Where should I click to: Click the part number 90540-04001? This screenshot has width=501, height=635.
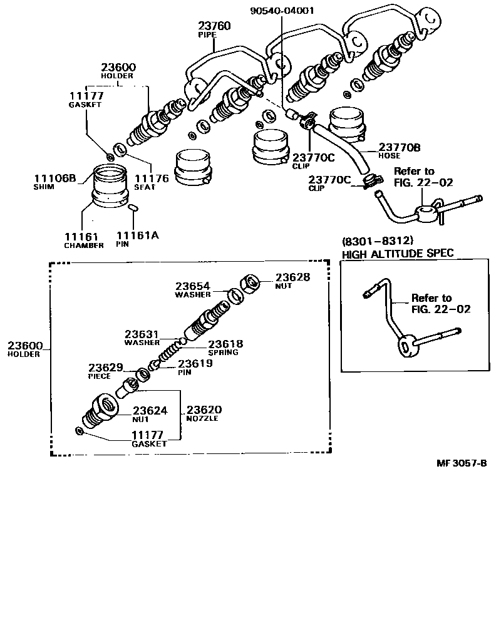pyautogui.click(x=282, y=10)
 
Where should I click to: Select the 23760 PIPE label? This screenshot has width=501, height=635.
pyautogui.click(x=214, y=30)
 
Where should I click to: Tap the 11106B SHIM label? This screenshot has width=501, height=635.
pyautogui.click(x=54, y=182)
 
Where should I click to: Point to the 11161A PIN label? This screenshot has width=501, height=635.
pyautogui.click(x=137, y=239)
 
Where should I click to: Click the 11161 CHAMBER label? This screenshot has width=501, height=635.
pyautogui.click(x=83, y=240)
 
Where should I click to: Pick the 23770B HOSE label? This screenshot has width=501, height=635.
pyautogui.click(x=399, y=151)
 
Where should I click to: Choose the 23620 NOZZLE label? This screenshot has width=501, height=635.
pyautogui.click(x=203, y=413)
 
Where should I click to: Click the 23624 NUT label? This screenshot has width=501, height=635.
pyautogui.click(x=149, y=415)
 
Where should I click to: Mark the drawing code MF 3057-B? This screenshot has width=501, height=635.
pyautogui.click(x=462, y=463)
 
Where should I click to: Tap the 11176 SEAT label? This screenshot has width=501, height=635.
pyautogui.click(x=152, y=182)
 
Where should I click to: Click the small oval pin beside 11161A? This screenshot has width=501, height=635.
pyautogui.click(x=132, y=207)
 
